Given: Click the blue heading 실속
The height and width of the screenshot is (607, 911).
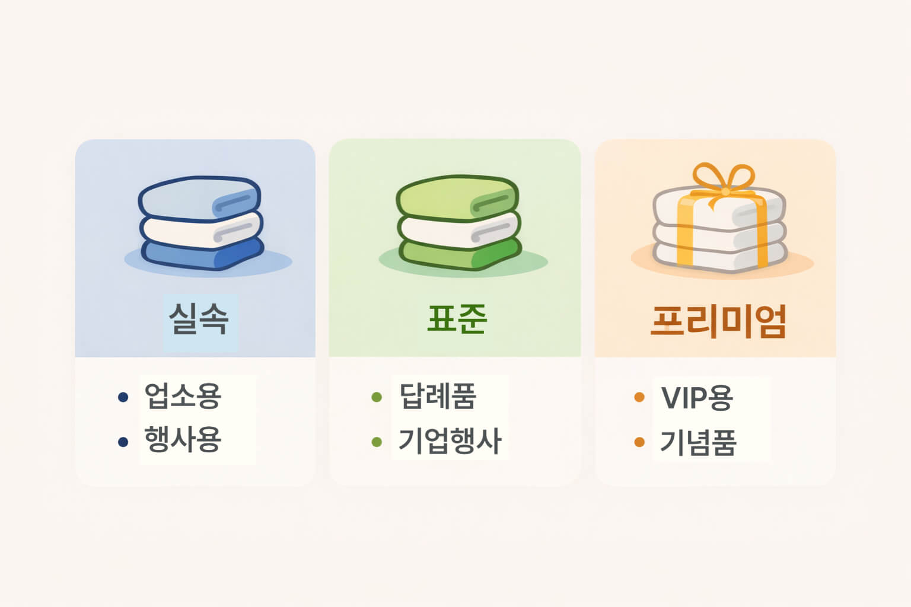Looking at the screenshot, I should [x=199, y=319].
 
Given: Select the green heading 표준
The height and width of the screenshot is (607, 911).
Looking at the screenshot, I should [x=457, y=319].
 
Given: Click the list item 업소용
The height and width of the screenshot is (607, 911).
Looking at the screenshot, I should [x=183, y=396].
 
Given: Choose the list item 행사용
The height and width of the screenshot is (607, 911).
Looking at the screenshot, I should [x=183, y=440].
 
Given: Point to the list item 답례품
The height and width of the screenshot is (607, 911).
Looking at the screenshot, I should [x=438, y=396].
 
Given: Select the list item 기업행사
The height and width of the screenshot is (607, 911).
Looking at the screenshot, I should [x=450, y=441].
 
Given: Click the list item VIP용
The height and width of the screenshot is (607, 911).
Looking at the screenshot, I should [x=697, y=398].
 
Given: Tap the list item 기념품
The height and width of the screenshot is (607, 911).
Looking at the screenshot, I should [x=698, y=442].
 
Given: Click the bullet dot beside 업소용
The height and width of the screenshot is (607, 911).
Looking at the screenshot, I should [x=123, y=397].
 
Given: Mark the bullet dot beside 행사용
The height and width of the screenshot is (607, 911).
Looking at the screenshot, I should [x=123, y=442].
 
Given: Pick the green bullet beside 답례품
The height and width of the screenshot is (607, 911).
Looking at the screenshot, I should [x=377, y=397].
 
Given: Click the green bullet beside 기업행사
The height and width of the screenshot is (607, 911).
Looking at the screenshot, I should [x=377, y=442].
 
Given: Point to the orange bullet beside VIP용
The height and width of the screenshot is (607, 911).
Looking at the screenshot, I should [x=639, y=397].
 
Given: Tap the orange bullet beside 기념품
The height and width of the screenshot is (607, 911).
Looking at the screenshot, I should [x=639, y=442].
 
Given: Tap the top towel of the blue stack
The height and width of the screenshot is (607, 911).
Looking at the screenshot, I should [x=196, y=198].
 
